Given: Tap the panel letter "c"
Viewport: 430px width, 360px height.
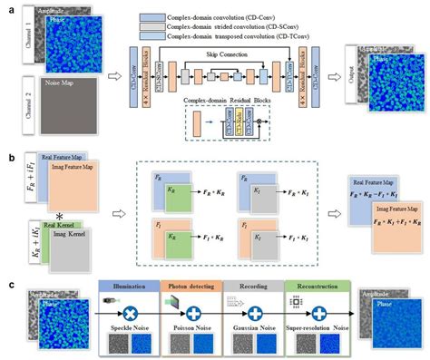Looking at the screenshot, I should click(6, 283).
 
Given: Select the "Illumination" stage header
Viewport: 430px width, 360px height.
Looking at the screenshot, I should click(129, 286).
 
